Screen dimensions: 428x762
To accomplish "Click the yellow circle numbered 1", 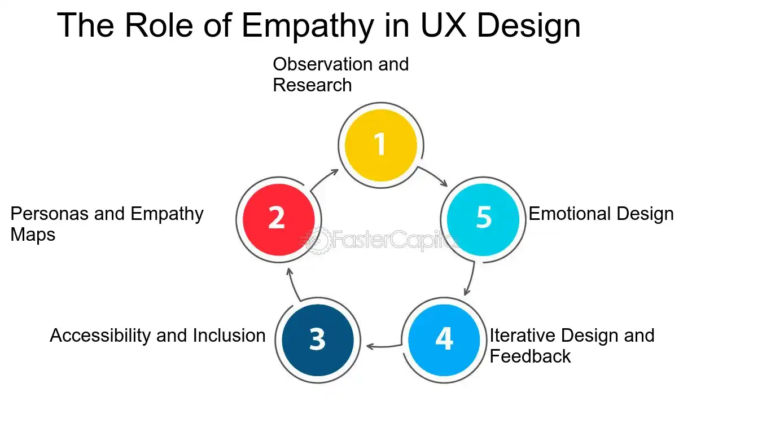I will click(381, 144).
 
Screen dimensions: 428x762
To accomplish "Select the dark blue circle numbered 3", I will click(318, 340).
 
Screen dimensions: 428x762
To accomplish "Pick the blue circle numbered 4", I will click(444, 340).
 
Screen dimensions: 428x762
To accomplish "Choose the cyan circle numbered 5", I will click(483, 218).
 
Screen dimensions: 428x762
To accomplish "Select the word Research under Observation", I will click(312, 85).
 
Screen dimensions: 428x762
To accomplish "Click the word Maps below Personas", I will click(33, 235).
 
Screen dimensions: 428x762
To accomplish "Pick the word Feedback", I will click(530, 356).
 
